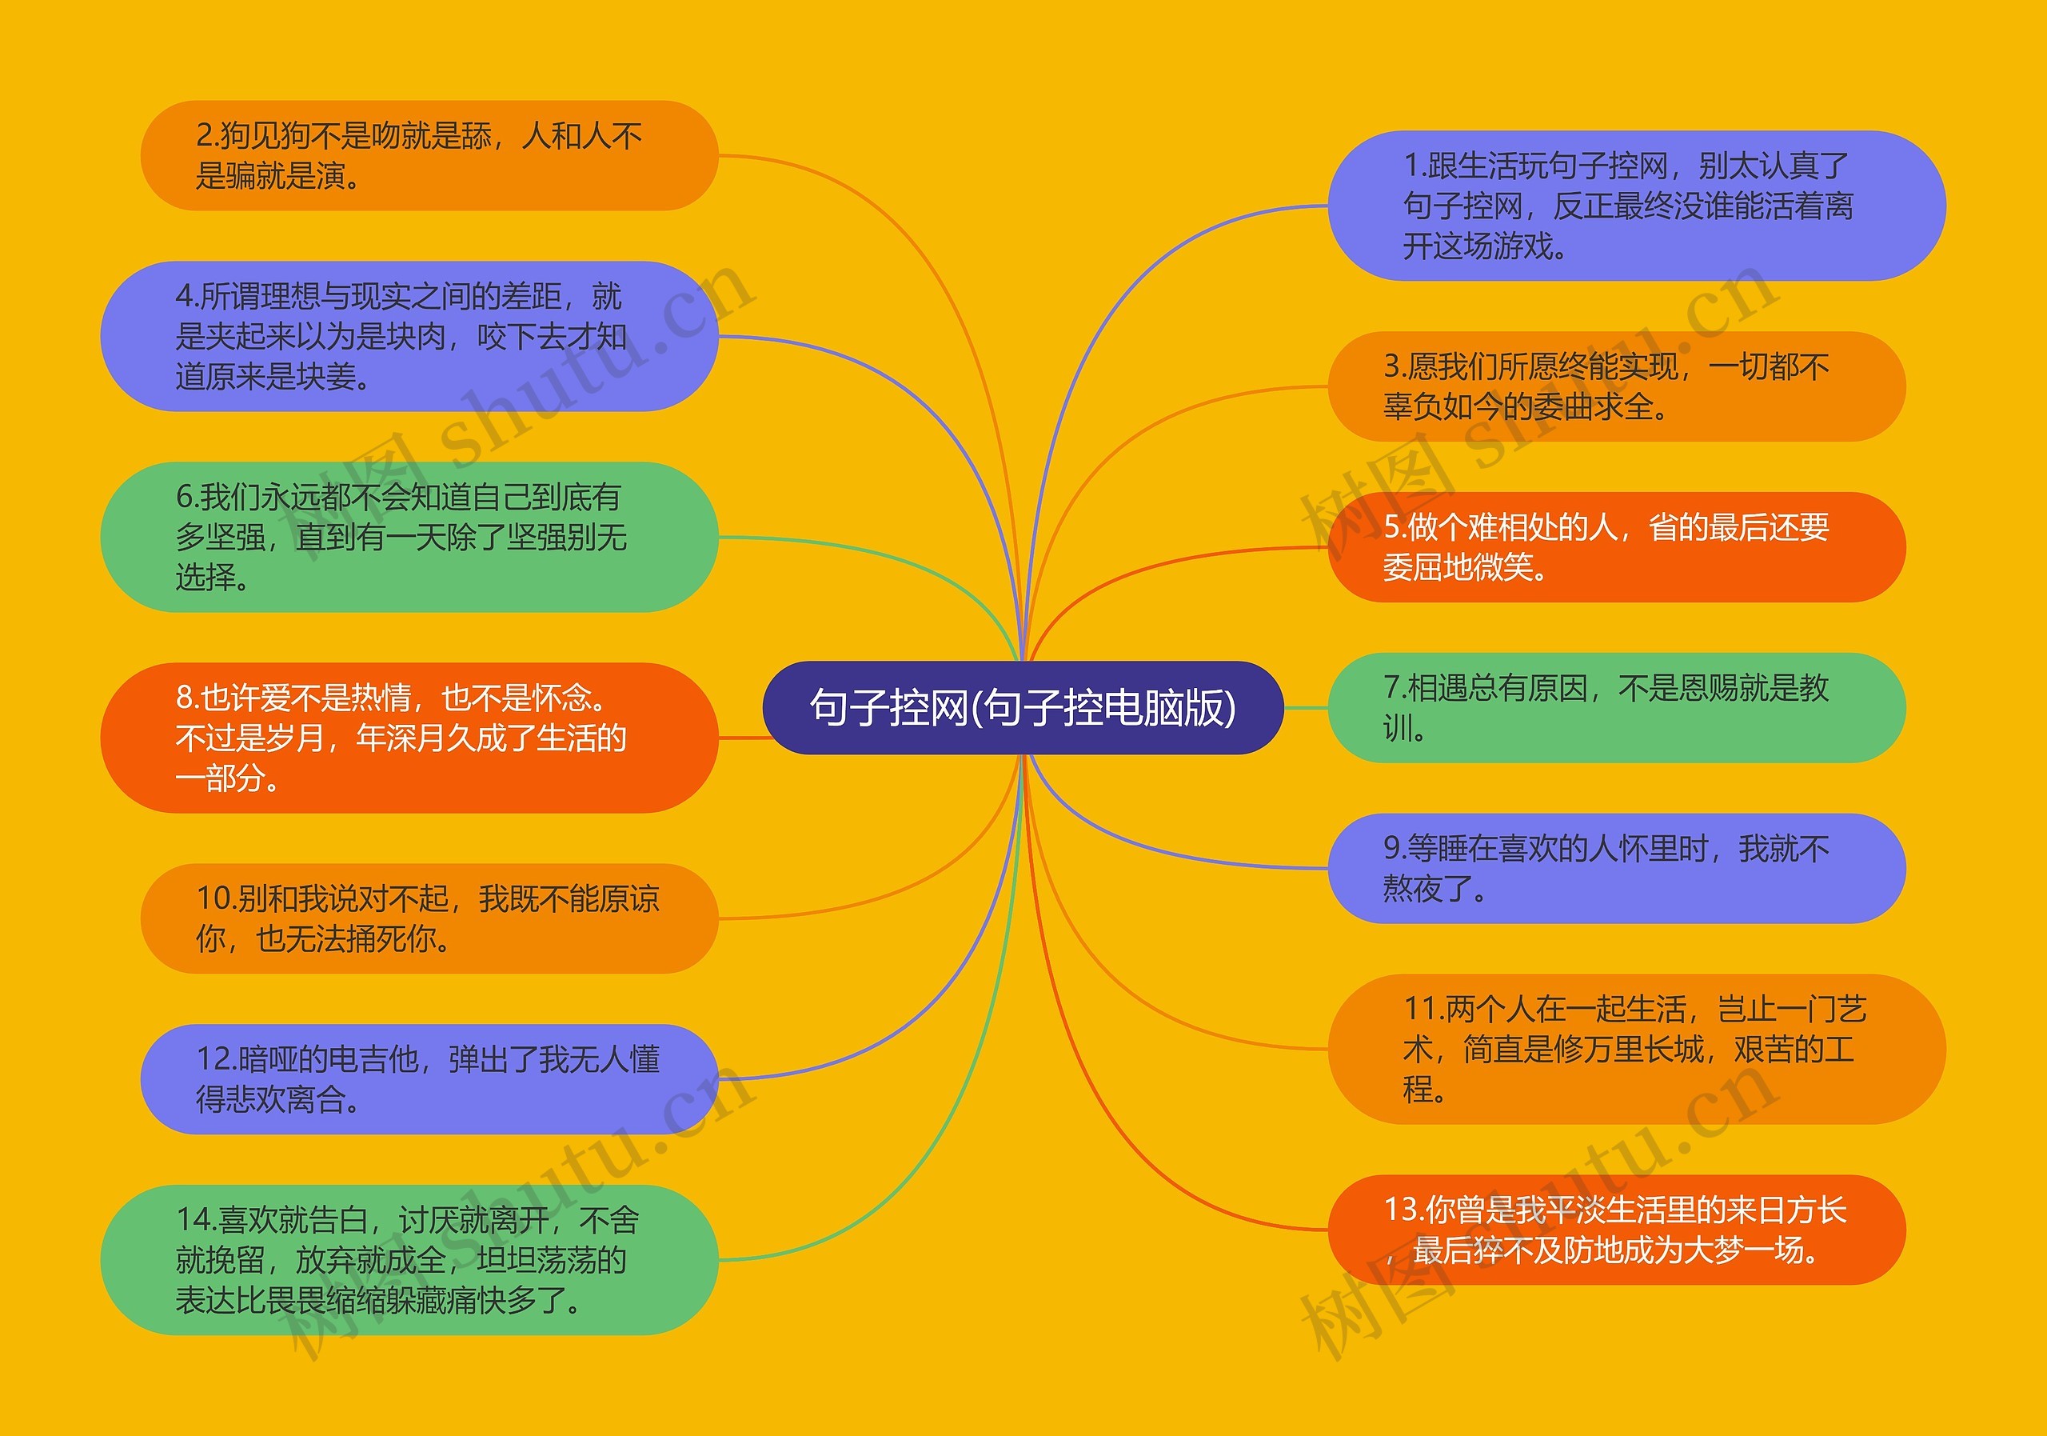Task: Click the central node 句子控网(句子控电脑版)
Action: click(1023, 707)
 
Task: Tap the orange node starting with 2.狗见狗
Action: click(429, 156)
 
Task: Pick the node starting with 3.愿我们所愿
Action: click(1616, 387)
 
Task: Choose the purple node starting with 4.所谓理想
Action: click(409, 336)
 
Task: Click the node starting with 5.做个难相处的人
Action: click(1616, 546)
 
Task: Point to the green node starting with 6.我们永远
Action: click(409, 537)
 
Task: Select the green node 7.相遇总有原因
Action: click(1616, 707)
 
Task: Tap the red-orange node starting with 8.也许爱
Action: click(409, 738)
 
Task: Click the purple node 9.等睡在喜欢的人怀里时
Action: click(1616, 868)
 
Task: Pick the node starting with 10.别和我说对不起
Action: click(429, 918)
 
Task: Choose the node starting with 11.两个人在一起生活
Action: click(1636, 1049)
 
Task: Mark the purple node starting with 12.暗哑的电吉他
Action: click(429, 1078)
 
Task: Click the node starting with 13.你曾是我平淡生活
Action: click(1616, 1230)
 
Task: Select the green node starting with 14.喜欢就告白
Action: click(409, 1259)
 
